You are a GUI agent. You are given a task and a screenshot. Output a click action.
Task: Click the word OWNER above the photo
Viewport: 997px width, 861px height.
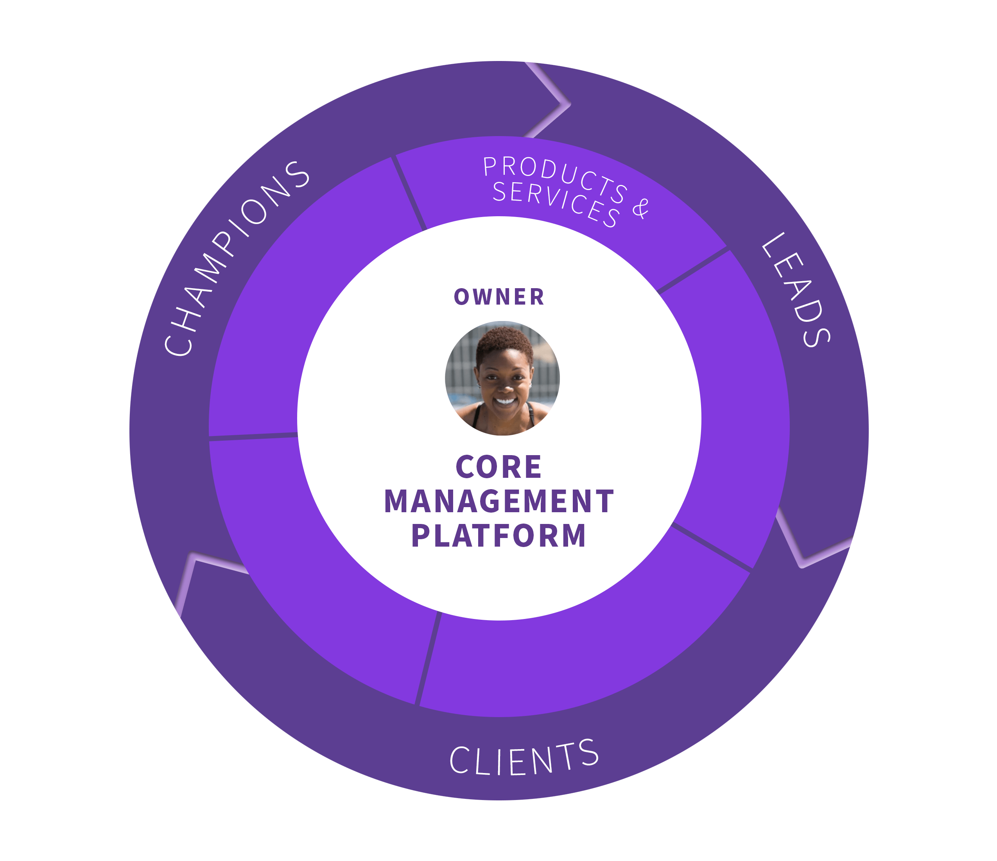pyautogui.click(x=499, y=296)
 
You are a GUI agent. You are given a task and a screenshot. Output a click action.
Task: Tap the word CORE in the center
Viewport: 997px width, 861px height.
pyautogui.click(x=499, y=467)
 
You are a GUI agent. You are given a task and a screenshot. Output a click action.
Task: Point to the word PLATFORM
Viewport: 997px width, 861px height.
pyautogui.click(x=499, y=535)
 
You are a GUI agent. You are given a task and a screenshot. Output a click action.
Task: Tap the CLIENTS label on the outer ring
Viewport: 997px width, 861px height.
pyautogui.click(x=524, y=758)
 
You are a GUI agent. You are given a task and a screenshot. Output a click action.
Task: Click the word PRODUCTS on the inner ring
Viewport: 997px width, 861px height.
pyautogui.click(x=556, y=178)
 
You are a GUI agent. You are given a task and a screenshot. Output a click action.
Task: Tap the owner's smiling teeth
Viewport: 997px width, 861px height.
pyautogui.click(x=505, y=401)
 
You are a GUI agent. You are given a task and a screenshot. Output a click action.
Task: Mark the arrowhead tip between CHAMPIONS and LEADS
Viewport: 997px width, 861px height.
pyautogui.click(x=569, y=104)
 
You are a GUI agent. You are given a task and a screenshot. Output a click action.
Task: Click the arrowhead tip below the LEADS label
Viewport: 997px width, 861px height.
pyautogui.click(x=801, y=565)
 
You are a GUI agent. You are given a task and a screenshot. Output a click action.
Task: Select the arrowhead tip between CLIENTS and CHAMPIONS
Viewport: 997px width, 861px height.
pyautogui.click(x=194, y=556)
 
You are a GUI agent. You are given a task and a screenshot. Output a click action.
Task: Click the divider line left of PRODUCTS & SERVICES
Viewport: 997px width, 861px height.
pyautogui.click(x=409, y=192)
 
